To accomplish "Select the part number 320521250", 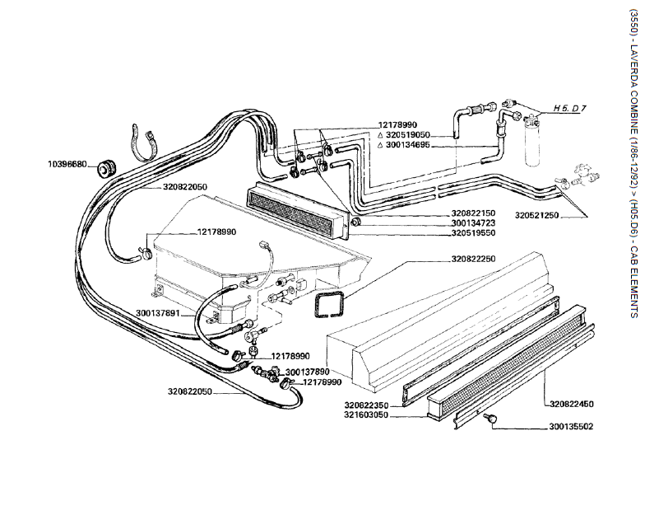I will click(560, 216).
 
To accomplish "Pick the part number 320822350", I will click(367, 405).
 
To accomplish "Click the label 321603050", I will click(367, 416).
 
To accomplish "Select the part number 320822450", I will click(572, 405).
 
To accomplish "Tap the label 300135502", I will click(570, 427).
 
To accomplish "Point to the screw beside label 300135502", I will click(491, 421).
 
